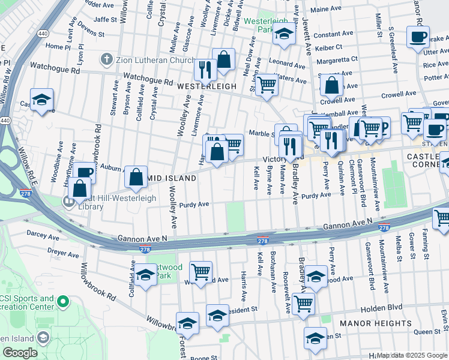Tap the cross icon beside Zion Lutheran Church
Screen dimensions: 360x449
106,59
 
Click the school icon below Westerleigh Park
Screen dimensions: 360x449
284,35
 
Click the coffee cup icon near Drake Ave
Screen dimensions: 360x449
417,37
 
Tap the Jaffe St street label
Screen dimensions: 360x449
104,19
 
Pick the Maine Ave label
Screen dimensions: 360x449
326,9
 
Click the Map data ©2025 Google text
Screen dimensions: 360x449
412,355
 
